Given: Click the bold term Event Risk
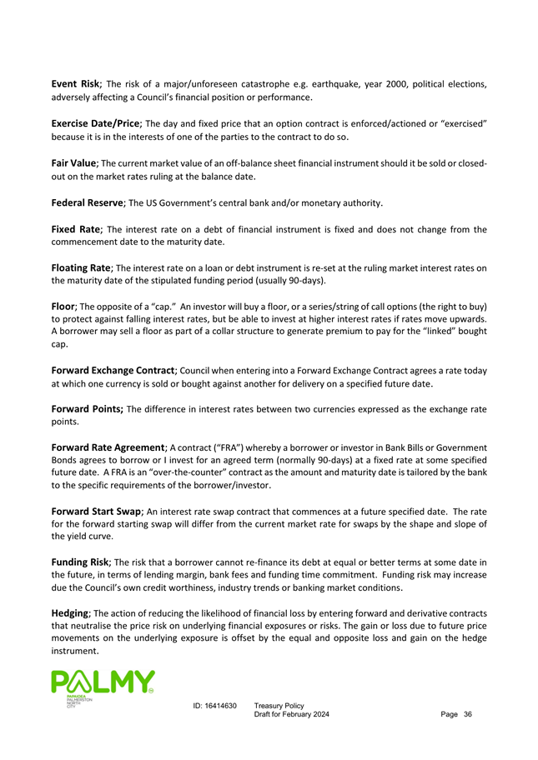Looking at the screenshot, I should (x=75, y=83).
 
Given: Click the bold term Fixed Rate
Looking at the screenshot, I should (x=75, y=228).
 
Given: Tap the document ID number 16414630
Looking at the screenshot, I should (x=221, y=707).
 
